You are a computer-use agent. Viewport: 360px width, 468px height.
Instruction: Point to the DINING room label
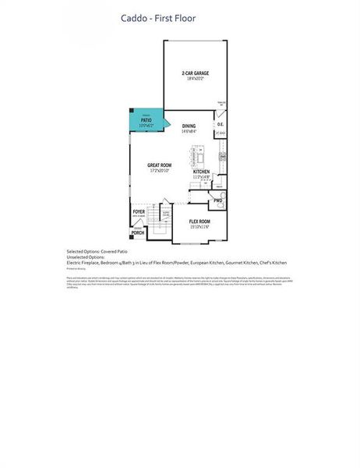(189, 126)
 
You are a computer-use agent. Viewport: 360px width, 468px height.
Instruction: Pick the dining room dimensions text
(189, 131)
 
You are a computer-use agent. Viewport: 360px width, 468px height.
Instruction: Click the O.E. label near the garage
(221, 125)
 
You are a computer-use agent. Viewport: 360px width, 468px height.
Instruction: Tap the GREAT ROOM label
(159, 165)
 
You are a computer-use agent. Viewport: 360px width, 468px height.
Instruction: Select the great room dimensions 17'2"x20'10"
(159, 171)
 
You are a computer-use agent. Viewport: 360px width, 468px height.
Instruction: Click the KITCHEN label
(202, 172)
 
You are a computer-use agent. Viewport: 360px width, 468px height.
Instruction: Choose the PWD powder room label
(218, 200)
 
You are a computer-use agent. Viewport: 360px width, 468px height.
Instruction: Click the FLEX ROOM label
(200, 222)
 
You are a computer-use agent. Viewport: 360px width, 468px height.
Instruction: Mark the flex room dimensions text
(200, 227)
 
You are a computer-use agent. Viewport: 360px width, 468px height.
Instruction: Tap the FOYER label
(139, 211)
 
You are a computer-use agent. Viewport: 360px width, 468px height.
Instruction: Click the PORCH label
(138, 233)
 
